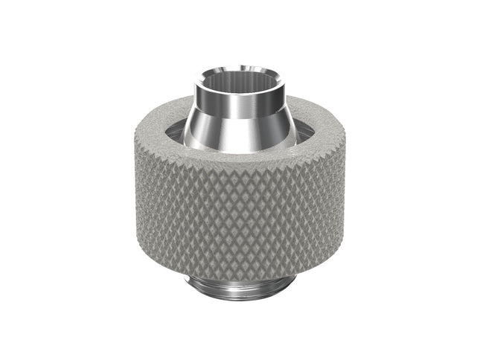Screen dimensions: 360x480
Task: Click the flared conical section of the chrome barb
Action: pyautogui.click(x=239, y=130)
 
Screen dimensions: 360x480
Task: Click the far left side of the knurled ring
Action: pyautogui.click(x=141, y=201)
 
